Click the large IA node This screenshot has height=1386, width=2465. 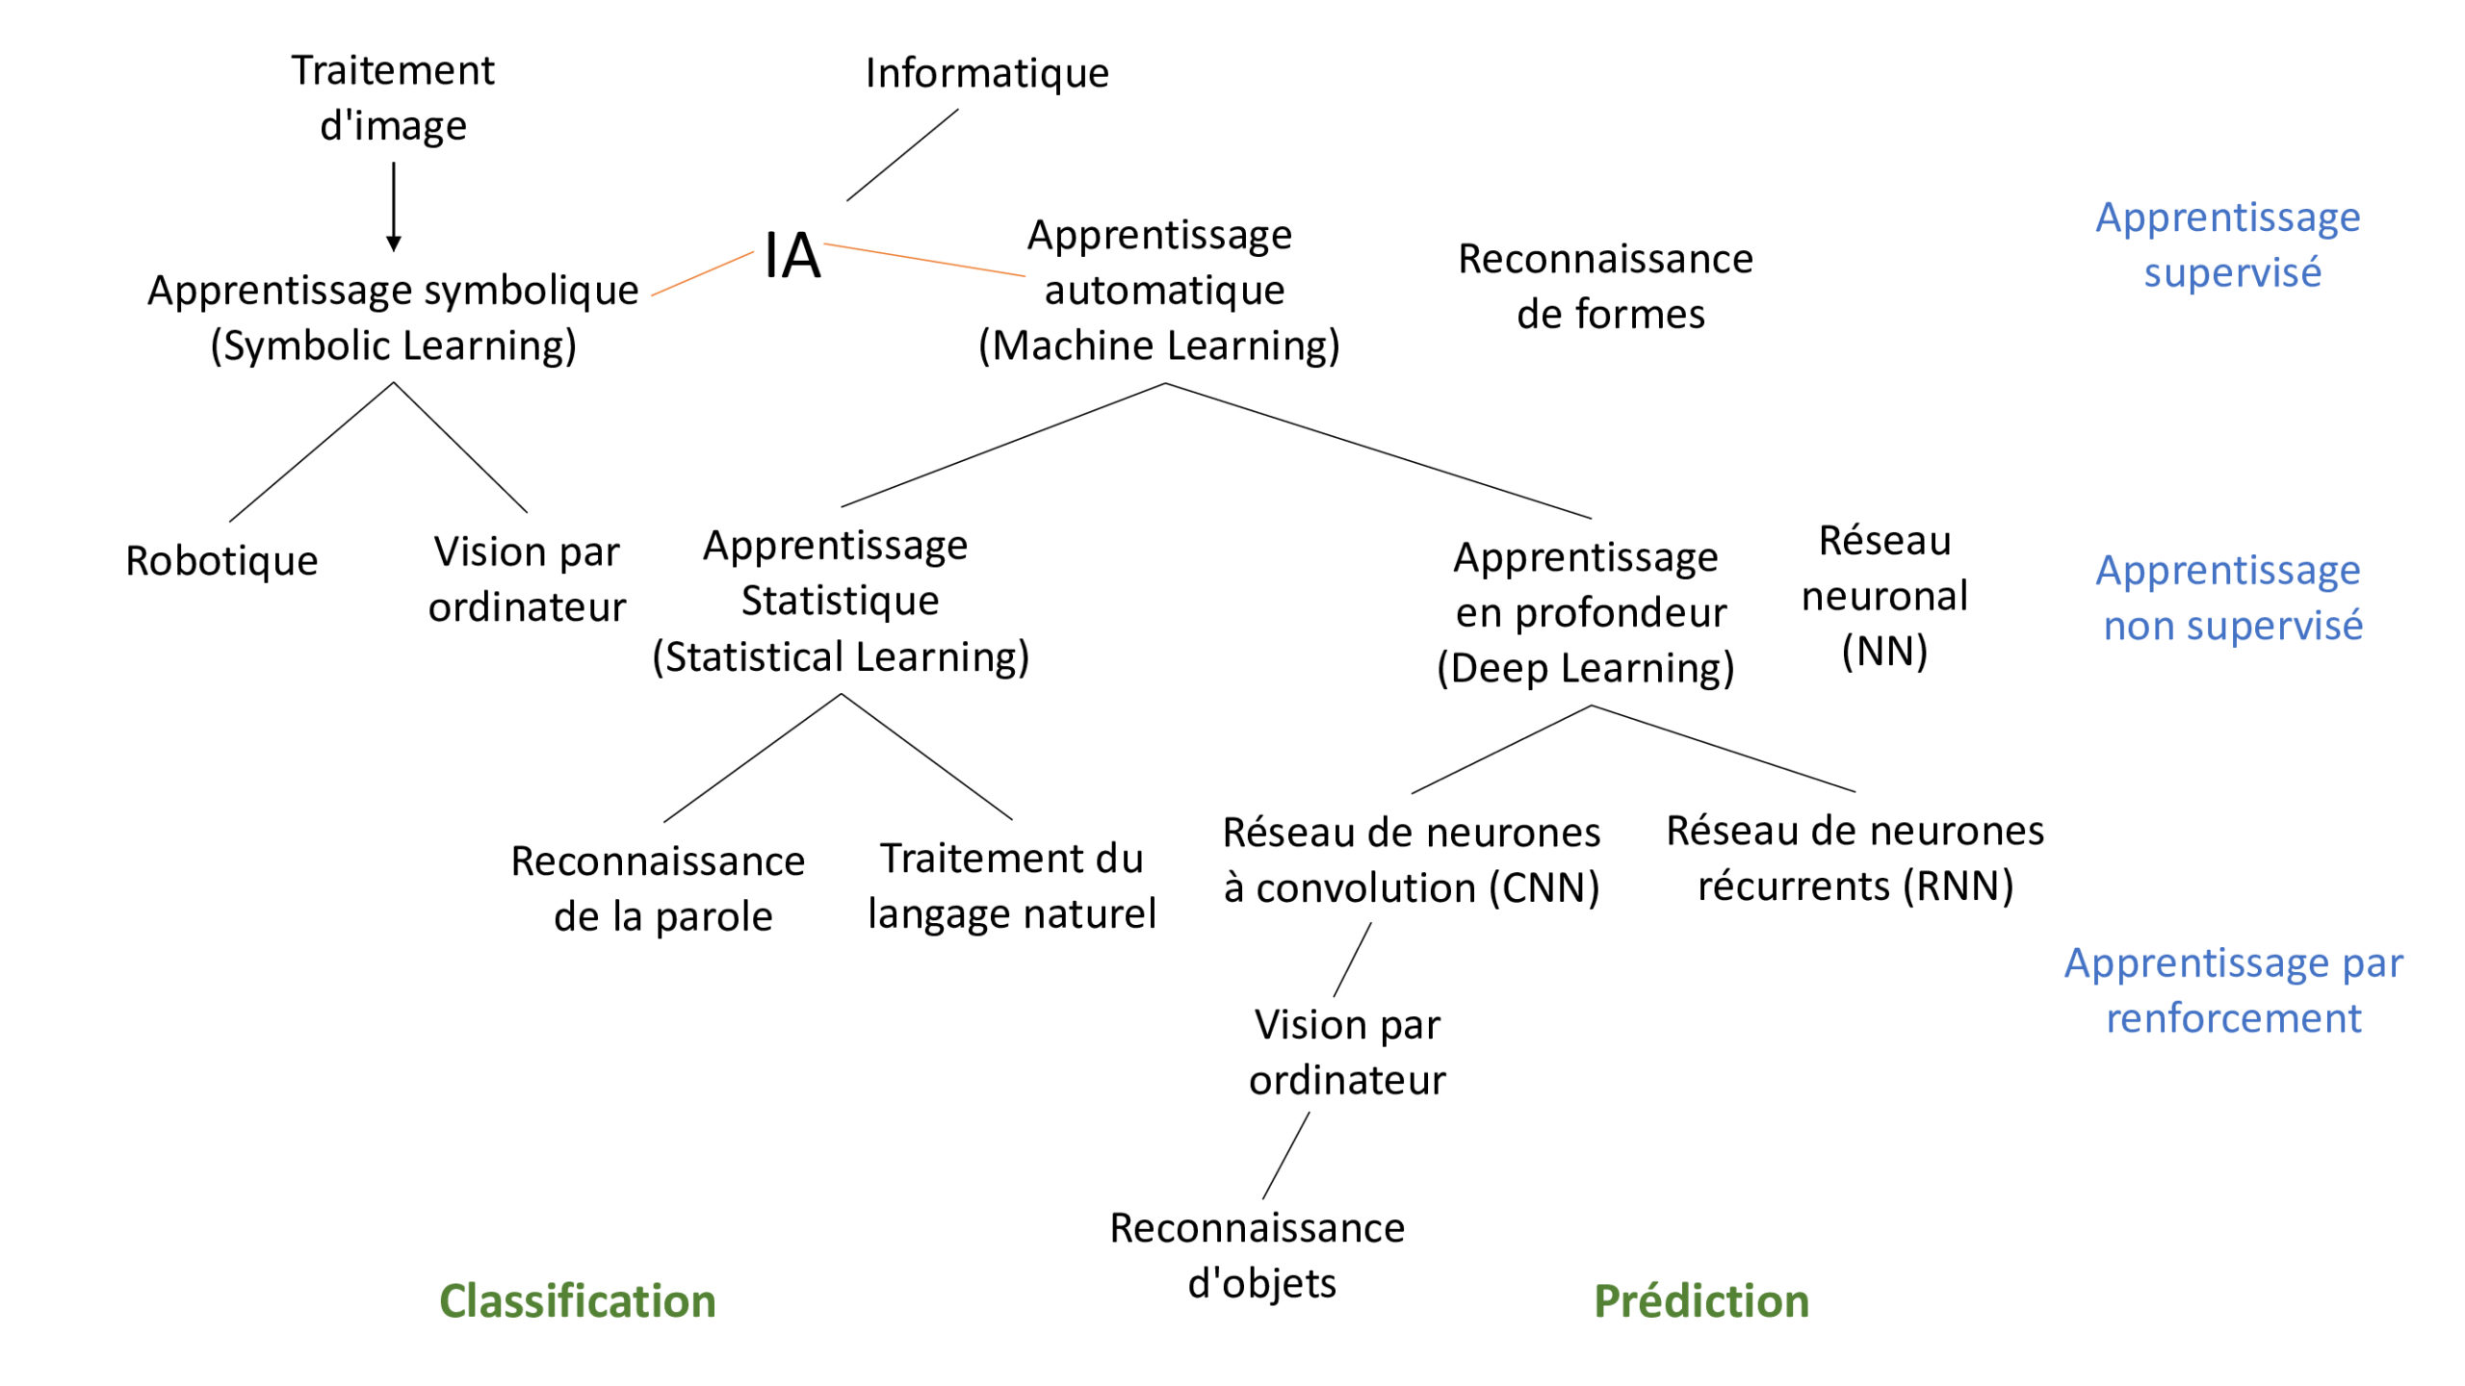[x=792, y=256]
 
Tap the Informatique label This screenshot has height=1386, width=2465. [x=987, y=73]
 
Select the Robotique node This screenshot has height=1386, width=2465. [x=221, y=561]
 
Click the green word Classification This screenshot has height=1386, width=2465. [x=578, y=1301]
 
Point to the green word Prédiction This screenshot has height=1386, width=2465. [x=1701, y=1301]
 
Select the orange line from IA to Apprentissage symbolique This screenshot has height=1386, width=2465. [x=702, y=273]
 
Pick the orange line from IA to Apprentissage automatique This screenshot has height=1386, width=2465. [x=924, y=260]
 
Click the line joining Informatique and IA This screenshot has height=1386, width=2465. [x=902, y=155]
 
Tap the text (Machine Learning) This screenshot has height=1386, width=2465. [x=1159, y=346]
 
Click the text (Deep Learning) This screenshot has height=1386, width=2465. [x=1586, y=669]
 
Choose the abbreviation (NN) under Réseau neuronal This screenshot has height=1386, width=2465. [x=1884, y=653]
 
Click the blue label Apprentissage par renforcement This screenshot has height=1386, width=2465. [x=2234, y=990]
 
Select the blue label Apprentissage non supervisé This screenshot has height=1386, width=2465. [x=2230, y=599]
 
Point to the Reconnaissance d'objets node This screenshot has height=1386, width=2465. [x=1258, y=1256]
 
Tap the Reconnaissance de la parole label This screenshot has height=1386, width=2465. [x=659, y=889]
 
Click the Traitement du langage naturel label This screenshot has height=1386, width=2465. [x=1012, y=886]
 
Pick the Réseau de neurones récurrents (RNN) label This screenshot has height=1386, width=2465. [x=1855, y=859]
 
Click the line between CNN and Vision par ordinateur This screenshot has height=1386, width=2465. [x=1353, y=960]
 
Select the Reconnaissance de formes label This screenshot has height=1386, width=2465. [x=1606, y=287]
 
